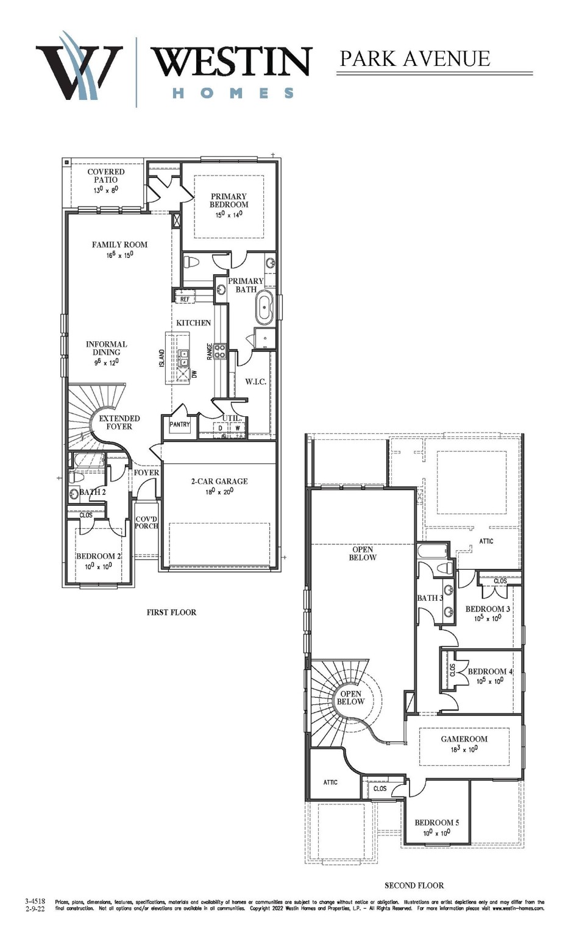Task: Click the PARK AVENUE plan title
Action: click(x=414, y=58)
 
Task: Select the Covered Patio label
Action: click(x=105, y=175)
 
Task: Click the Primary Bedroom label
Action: click(x=229, y=200)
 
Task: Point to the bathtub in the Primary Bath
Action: click(x=264, y=307)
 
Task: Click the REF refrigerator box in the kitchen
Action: click(x=185, y=299)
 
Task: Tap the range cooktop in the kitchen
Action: click(x=219, y=352)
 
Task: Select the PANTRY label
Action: click(x=180, y=425)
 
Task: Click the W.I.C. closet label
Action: click(x=255, y=381)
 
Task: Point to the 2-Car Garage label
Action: click(x=219, y=481)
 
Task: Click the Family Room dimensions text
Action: click(x=119, y=255)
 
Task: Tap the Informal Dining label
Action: click(x=107, y=348)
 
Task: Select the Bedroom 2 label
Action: click(x=98, y=556)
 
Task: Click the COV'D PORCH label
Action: click(x=146, y=522)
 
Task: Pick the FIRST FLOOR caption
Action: click(x=171, y=612)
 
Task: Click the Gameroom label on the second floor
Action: click(x=464, y=739)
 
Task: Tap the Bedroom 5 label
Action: click(x=437, y=823)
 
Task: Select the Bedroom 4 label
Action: click(x=490, y=672)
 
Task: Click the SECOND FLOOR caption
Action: click(x=414, y=885)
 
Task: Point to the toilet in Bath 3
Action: click(x=446, y=568)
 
